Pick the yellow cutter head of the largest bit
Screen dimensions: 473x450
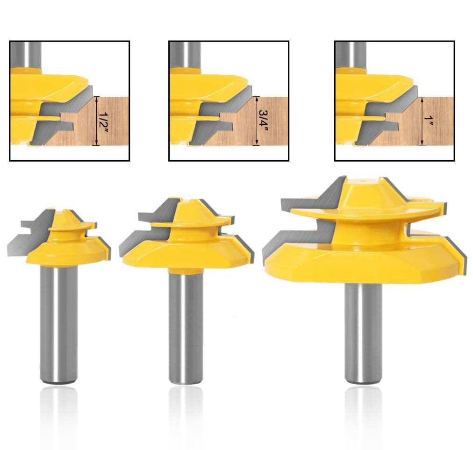point(365,241)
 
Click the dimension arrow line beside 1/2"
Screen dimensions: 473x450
point(96,121)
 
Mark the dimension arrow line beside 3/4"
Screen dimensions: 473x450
point(256,121)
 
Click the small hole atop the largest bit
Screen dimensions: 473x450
point(363,182)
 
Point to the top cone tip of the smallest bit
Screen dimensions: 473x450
point(64,210)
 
